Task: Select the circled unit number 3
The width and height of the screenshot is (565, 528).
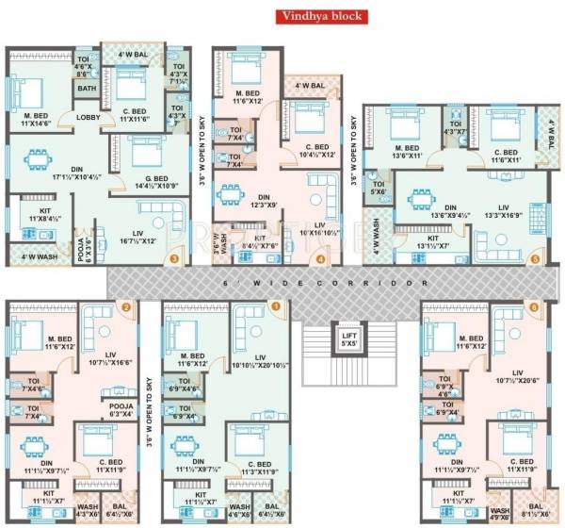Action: (x=173, y=256)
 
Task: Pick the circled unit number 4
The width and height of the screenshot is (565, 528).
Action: (x=322, y=258)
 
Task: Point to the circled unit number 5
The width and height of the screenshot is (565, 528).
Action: (x=536, y=256)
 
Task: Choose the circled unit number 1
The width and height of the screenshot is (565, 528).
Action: (x=276, y=305)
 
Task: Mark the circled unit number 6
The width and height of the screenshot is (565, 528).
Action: (x=534, y=306)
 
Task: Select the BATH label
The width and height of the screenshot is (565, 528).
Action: (x=87, y=90)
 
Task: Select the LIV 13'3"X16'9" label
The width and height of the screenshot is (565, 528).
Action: (x=502, y=209)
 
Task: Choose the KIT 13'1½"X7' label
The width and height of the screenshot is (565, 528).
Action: (x=434, y=242)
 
